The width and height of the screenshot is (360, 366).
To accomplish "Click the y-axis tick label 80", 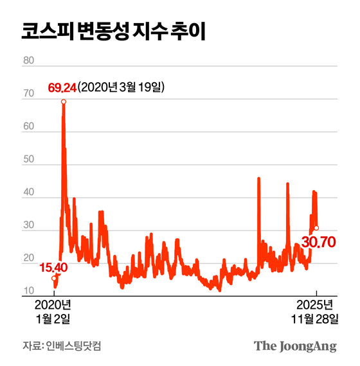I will pyautogui.click(x=28, y=61).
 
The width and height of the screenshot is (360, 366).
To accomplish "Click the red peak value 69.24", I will pyautogui.click(x=62, y=88).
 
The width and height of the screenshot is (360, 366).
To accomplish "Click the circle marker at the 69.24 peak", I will pyautogui.click(x=63, y=101).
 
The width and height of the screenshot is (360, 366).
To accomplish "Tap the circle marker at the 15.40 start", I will pyautogui.click(x=54, y=278).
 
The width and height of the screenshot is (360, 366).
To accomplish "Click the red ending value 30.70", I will pyautogui.click(x=319, y=244).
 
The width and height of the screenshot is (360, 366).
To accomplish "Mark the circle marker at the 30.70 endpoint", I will pyautogui.click(x=316, y=228).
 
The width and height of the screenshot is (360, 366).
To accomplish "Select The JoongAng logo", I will pyautogui.click(x=295, y=346).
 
